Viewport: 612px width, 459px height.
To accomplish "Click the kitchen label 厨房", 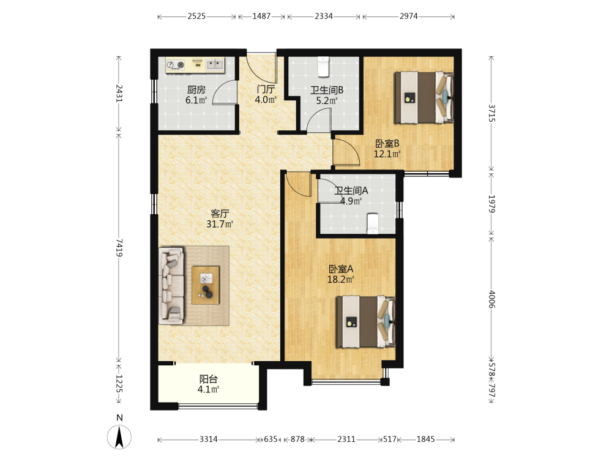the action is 196,90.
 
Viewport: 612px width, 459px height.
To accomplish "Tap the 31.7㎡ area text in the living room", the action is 220,224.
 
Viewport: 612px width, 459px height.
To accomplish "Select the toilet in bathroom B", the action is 323,67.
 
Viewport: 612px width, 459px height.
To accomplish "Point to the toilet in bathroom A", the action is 373,223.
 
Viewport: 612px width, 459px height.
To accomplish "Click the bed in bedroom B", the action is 424,97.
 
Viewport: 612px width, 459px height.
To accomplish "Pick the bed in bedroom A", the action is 366,322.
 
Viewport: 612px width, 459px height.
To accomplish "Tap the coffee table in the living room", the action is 206,285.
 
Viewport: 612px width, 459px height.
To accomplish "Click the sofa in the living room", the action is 171,286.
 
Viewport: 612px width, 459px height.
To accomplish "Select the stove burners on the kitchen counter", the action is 175,65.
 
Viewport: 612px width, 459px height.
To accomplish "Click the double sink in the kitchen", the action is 215,64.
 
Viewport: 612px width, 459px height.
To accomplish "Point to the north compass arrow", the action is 119,438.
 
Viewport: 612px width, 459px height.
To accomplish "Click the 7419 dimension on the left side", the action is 119,248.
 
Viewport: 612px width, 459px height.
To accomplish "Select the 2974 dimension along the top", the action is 408,17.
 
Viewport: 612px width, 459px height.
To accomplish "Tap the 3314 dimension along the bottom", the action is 209,439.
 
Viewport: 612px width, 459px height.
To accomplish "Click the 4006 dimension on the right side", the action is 492,299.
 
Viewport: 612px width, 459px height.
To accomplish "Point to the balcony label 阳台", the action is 209,379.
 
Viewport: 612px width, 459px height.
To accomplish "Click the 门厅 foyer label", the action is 266,89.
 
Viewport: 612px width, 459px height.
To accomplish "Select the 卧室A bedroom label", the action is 341,269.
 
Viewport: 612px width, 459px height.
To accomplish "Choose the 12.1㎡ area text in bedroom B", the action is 387,154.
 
